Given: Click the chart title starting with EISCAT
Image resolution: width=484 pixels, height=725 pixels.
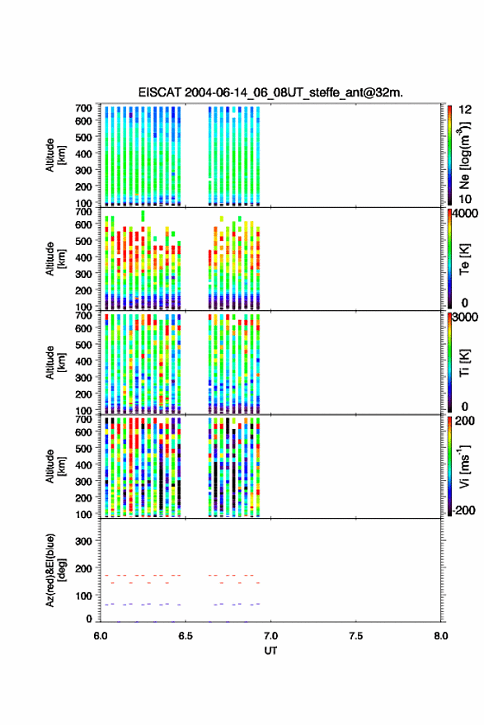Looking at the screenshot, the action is (270, 92).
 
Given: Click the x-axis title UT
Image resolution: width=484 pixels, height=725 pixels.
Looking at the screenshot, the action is (270, 651).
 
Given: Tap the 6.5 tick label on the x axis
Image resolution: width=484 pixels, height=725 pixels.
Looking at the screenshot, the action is (186, 636).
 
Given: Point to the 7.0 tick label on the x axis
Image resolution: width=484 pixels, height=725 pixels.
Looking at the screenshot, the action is (270, 636).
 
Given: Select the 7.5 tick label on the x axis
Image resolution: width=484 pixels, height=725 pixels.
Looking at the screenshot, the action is (356, 636).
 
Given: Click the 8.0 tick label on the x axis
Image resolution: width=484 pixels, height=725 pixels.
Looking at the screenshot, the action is (440, 636).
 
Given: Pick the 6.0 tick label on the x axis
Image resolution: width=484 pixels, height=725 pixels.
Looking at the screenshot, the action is (101, 636).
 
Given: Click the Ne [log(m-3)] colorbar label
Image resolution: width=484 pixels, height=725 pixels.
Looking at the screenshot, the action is (464, 155).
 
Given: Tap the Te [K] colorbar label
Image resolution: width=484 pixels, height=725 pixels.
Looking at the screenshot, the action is (464, 259).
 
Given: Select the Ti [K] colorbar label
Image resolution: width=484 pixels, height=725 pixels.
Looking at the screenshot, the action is (464, 363).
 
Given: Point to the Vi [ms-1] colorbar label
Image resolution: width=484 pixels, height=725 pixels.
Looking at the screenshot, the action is (464, 466).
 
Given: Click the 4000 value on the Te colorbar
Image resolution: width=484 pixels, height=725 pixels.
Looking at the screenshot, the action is (464, 214).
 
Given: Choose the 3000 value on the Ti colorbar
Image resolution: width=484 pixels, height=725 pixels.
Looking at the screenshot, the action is (464, 318).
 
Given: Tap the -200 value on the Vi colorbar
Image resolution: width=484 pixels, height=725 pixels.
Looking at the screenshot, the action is (463, 510).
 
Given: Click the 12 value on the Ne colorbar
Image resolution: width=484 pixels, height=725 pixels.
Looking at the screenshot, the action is (465, 110).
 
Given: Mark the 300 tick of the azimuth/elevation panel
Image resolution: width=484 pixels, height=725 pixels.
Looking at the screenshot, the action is (83, 541).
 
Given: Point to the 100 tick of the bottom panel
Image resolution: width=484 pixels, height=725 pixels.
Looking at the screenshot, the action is (83, 596).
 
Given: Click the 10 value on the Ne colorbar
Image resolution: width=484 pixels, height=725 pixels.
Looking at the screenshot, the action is (465, 200).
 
